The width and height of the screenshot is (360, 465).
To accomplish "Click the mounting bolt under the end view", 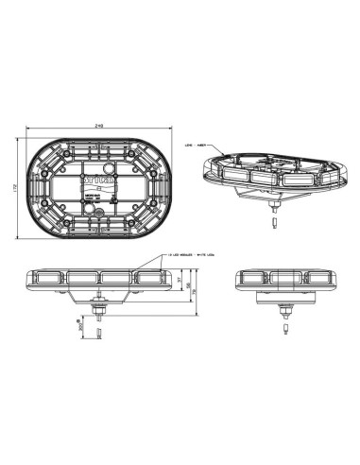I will pyautogui.click(x=283, y=312).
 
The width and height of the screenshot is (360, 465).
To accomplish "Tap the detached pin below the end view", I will pyautogui.click(x=283, y=333).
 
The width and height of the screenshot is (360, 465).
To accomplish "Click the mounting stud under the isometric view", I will pyautogui.click(x=274, y=202).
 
